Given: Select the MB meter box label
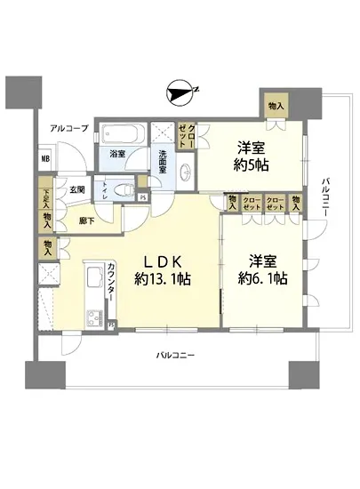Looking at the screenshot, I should (x=44, y=160).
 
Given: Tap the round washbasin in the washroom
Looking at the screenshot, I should (x=188, y=171).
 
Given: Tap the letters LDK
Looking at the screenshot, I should (x=164, y=261).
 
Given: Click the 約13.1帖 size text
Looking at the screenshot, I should (x=164, y=278).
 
